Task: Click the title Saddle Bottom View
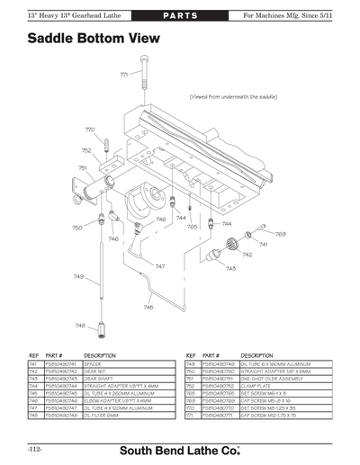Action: pos(94,39)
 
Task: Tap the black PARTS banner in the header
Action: pos(180,9)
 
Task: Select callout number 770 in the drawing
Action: pos(91,130)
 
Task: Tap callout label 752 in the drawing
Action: pos(86,150)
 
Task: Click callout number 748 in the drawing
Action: pos(79,326)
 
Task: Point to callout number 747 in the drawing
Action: pos(159,266)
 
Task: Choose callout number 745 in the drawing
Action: pos(148,307)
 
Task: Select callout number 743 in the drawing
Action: pos(230,268)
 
